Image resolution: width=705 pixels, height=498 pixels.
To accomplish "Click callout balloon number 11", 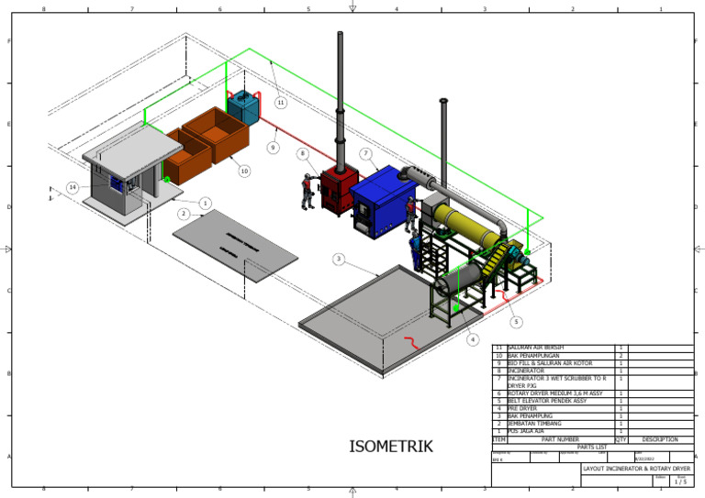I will [x=280, y=102].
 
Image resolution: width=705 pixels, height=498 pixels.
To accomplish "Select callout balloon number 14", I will [x=73, y=187].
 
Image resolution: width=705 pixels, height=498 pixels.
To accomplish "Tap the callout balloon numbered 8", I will [x=303, y=153].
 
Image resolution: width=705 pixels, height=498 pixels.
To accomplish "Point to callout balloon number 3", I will [x=339, y=260].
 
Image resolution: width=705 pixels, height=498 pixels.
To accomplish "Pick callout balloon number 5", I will [x=516, y=322].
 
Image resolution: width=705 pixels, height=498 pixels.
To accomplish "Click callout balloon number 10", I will [x=243, y=171].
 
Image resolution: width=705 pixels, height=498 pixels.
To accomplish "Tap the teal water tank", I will [x=244, y=106].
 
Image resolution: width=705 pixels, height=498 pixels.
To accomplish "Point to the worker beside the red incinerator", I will [x=307, y=191].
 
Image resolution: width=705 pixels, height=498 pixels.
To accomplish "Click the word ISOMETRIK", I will [x=390, y=447].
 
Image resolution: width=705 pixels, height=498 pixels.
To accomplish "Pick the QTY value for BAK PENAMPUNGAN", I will [x=621, y=356].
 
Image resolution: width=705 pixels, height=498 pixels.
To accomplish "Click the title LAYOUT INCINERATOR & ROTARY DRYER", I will [x=636, y=468].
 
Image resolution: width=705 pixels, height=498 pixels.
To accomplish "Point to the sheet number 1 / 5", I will [x=680, y=481].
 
